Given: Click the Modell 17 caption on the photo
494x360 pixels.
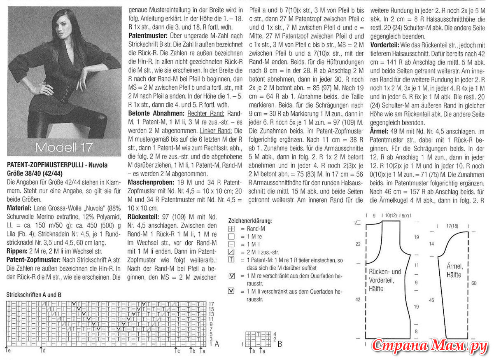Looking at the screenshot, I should tap(63, 147).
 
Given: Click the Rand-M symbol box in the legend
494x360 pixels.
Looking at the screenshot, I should tap(231, 229).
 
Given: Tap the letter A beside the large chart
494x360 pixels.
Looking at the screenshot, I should tap(217, 343).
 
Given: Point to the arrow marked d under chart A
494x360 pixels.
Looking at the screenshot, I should tap(42, 350).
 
